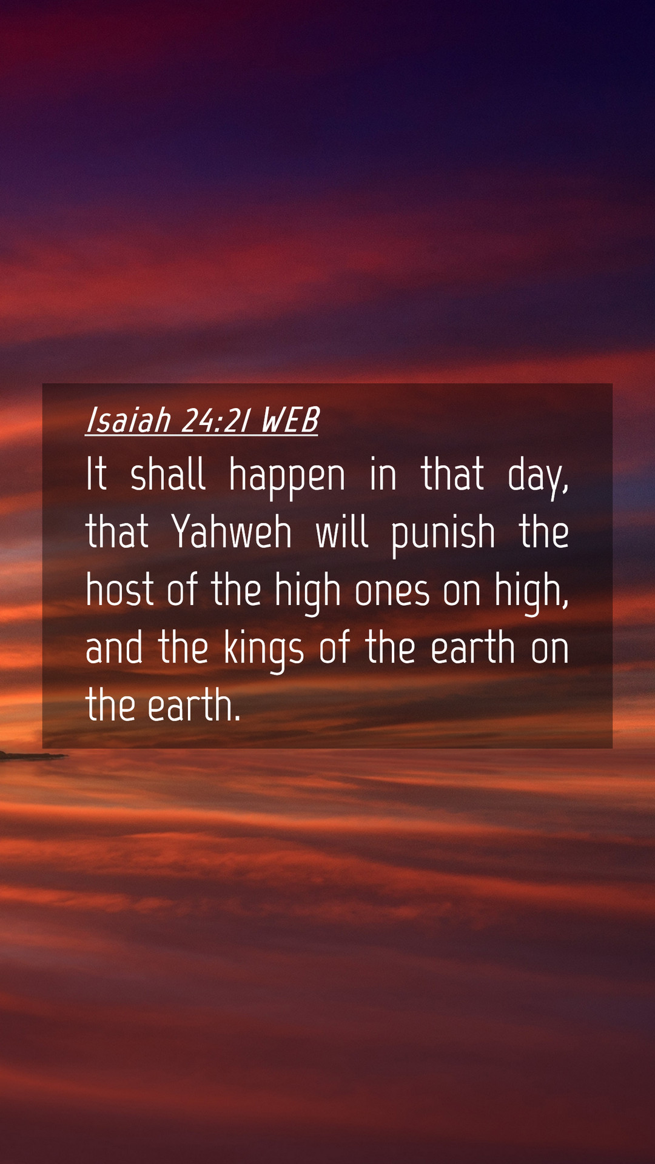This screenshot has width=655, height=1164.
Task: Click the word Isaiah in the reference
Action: pyautogui.click(x=129, y=420)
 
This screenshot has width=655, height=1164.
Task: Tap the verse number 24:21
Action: pyautogui.click(x=215, y=421)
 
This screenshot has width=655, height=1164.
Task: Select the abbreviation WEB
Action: pyautogui.click(x=290, y=420)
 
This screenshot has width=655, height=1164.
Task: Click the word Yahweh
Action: pyautogui.click(x=232, y=532)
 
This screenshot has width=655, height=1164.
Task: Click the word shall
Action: pyautogui.click(x=168, y=474)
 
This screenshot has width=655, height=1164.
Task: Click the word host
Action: pyautogui.click(x=119, y=589)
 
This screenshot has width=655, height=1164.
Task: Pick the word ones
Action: pyautogui.click(x=392, y=592)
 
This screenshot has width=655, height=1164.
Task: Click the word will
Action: pyautogui.click(x=342, y=532)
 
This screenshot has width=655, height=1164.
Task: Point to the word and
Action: pyautogui.click(x=115, y=647)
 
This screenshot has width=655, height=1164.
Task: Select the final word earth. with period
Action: pyautogui.click(x=194, y=705)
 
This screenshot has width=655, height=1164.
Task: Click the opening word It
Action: pyautogui.click(x=96, y=474)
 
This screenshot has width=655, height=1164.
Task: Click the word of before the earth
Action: pyautogui.click(x=335, y=647)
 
